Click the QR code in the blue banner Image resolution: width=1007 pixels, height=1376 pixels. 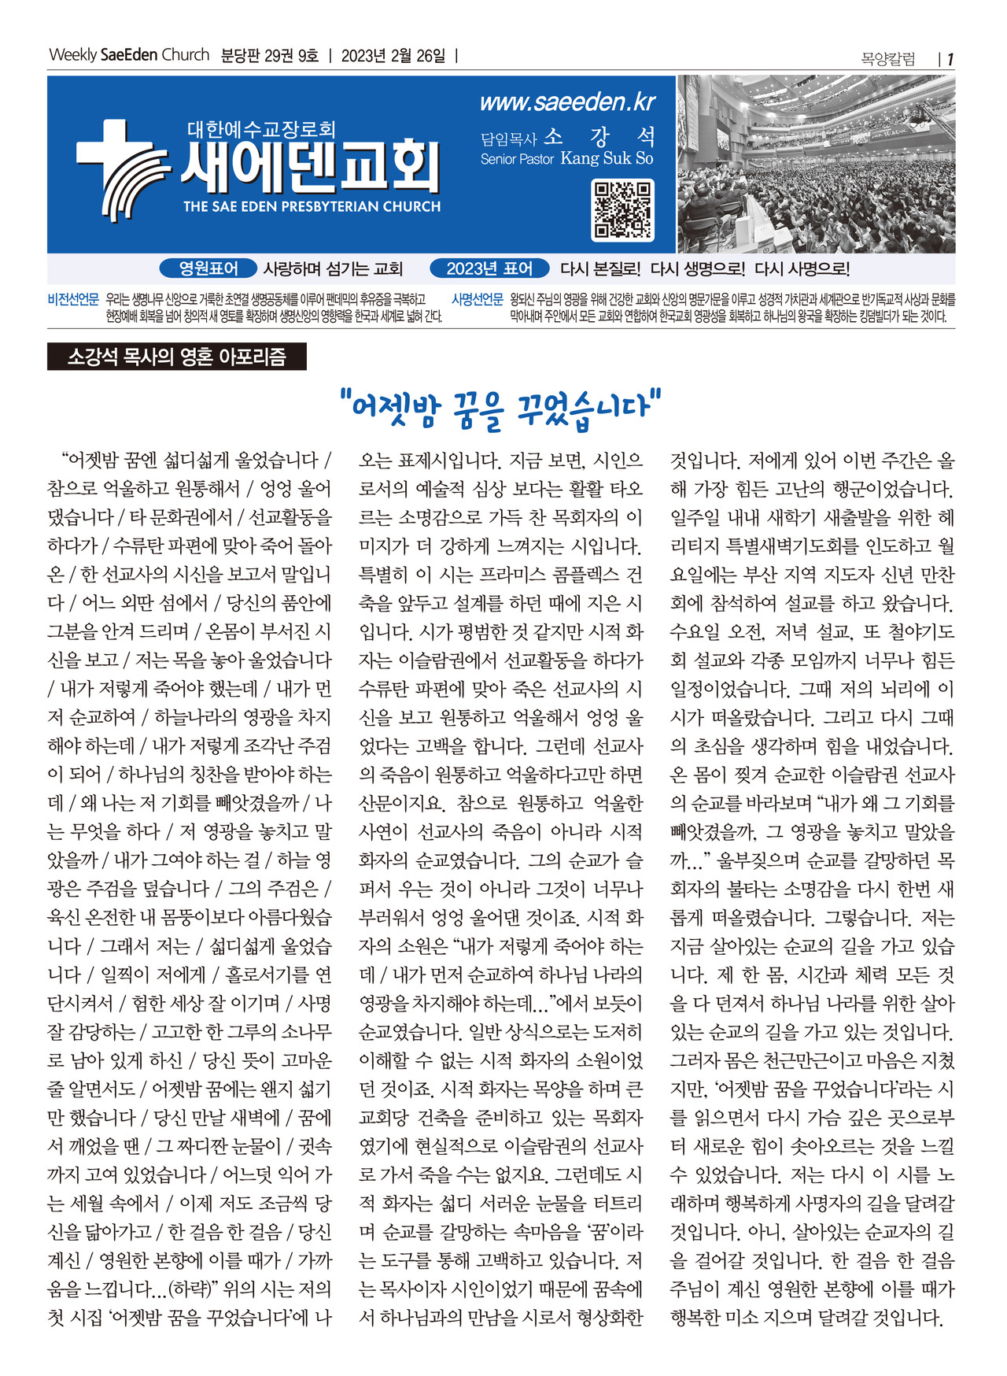[x=622, y=210]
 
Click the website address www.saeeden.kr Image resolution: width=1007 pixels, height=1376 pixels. [x=566, y=102]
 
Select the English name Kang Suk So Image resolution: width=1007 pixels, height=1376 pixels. [x=607, y=158]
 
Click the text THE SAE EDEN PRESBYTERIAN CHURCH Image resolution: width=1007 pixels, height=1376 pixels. [x=312, y=207]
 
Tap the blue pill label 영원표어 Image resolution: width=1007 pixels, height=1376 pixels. [x=208, y=268]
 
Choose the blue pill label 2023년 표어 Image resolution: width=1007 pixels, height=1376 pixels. [x=489, y=268]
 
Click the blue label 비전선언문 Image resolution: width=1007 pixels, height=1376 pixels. [x=73, y=299]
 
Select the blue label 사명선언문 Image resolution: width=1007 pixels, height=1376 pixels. [x=477, y=299]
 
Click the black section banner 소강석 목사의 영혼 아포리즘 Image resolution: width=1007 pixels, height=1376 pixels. [x=176, y=357]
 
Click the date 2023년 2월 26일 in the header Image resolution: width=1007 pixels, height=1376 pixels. [x=393, y=56]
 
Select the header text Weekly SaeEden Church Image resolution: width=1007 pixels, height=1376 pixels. [x=129, y=55]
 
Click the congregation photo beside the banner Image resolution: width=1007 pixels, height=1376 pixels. [x=816, y=164]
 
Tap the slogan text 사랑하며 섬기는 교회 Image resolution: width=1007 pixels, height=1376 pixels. [x=333, y=269]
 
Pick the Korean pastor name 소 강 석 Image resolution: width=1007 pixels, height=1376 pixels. [x=599, y=136]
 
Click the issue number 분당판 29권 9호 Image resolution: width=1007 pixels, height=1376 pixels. [x=269, y=56]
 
